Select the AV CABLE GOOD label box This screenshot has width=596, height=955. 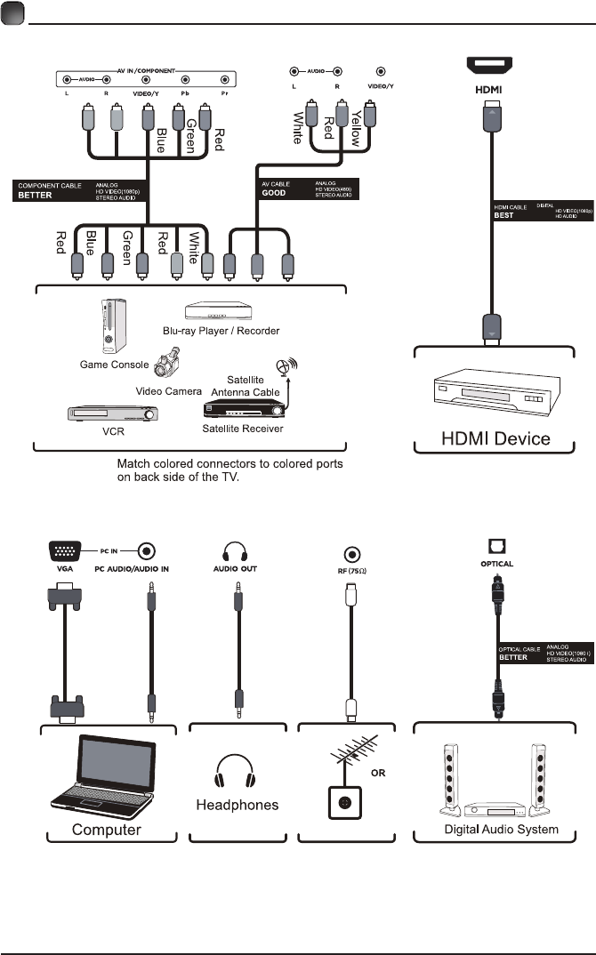pyautogui.click(x=307, y=189)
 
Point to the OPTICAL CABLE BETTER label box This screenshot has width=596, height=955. pyautogui.click(x=544, y=654)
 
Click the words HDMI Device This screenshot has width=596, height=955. pyautogui.click(x=496, y=437)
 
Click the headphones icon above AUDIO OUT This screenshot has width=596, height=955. pyautogui.click(x=237, y=550)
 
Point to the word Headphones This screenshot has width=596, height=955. pyautogui.click(x=237, y=805)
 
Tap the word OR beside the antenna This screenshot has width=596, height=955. pyautogui.click(x=378, y=773)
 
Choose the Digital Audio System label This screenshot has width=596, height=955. pyautogui.click(x=501, y=829)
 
